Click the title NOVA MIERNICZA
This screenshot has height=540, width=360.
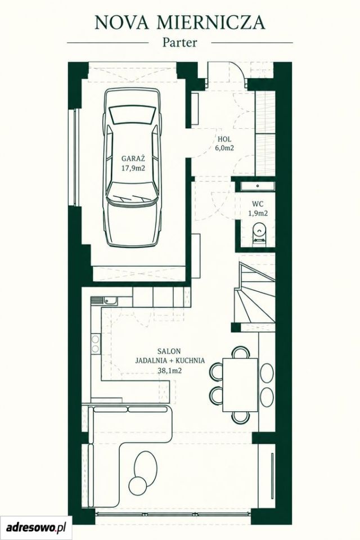(x=180, y=22)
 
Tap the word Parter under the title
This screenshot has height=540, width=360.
(x=180, y=43)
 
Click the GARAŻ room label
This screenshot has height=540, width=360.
(x=133, y=159)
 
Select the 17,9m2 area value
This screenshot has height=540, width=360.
(x=133, y=168)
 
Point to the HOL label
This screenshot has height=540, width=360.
(x=224, y=139)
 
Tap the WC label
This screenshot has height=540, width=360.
(x=258, y=204)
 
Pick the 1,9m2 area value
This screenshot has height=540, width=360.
(x=258, y=214)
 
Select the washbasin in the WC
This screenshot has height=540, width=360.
(x=258, y=186)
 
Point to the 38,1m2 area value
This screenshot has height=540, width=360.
(x=169, y=371)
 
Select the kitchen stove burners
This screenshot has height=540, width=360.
(x=96, y=344)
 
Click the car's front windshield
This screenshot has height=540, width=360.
(x=132, y=115)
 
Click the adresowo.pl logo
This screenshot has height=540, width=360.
(x=36, y=527)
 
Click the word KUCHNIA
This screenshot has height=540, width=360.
(x=190, y=361)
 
